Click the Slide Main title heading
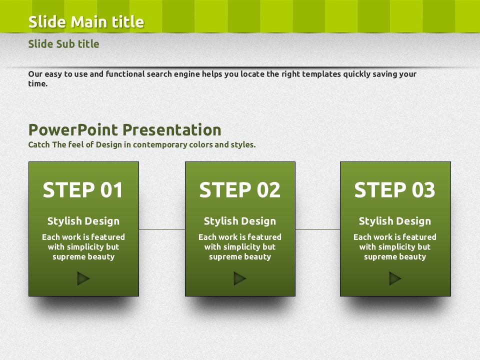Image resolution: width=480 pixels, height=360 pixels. tap(86, 22)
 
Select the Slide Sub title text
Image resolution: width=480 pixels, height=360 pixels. tap(63, 44)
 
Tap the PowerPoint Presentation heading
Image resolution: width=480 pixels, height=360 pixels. tap(124, 130)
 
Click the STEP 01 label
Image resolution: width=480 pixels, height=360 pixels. tap(83, 190)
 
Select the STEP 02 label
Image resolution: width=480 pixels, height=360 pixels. tap(239, 190)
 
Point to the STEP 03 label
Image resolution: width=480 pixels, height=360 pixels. tap(394, 190)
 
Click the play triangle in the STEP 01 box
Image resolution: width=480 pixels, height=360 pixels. tap(83, 278)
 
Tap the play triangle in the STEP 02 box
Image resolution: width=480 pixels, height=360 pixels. tap(240, 278)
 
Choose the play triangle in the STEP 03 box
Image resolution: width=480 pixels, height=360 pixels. tap(395, 278)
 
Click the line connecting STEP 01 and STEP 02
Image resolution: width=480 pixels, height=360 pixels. tap(162, 229)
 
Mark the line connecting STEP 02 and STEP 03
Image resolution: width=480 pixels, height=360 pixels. tap(318, 229)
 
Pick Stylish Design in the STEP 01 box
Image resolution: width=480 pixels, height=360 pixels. tap(83, 221)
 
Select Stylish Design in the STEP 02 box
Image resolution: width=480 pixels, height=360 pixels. tap(240, 221)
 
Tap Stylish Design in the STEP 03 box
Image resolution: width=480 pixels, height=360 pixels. tap(395, 221)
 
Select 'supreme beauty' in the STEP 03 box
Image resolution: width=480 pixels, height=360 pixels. tap(395, 257)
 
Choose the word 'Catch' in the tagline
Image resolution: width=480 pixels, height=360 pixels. tap(39, 144)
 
